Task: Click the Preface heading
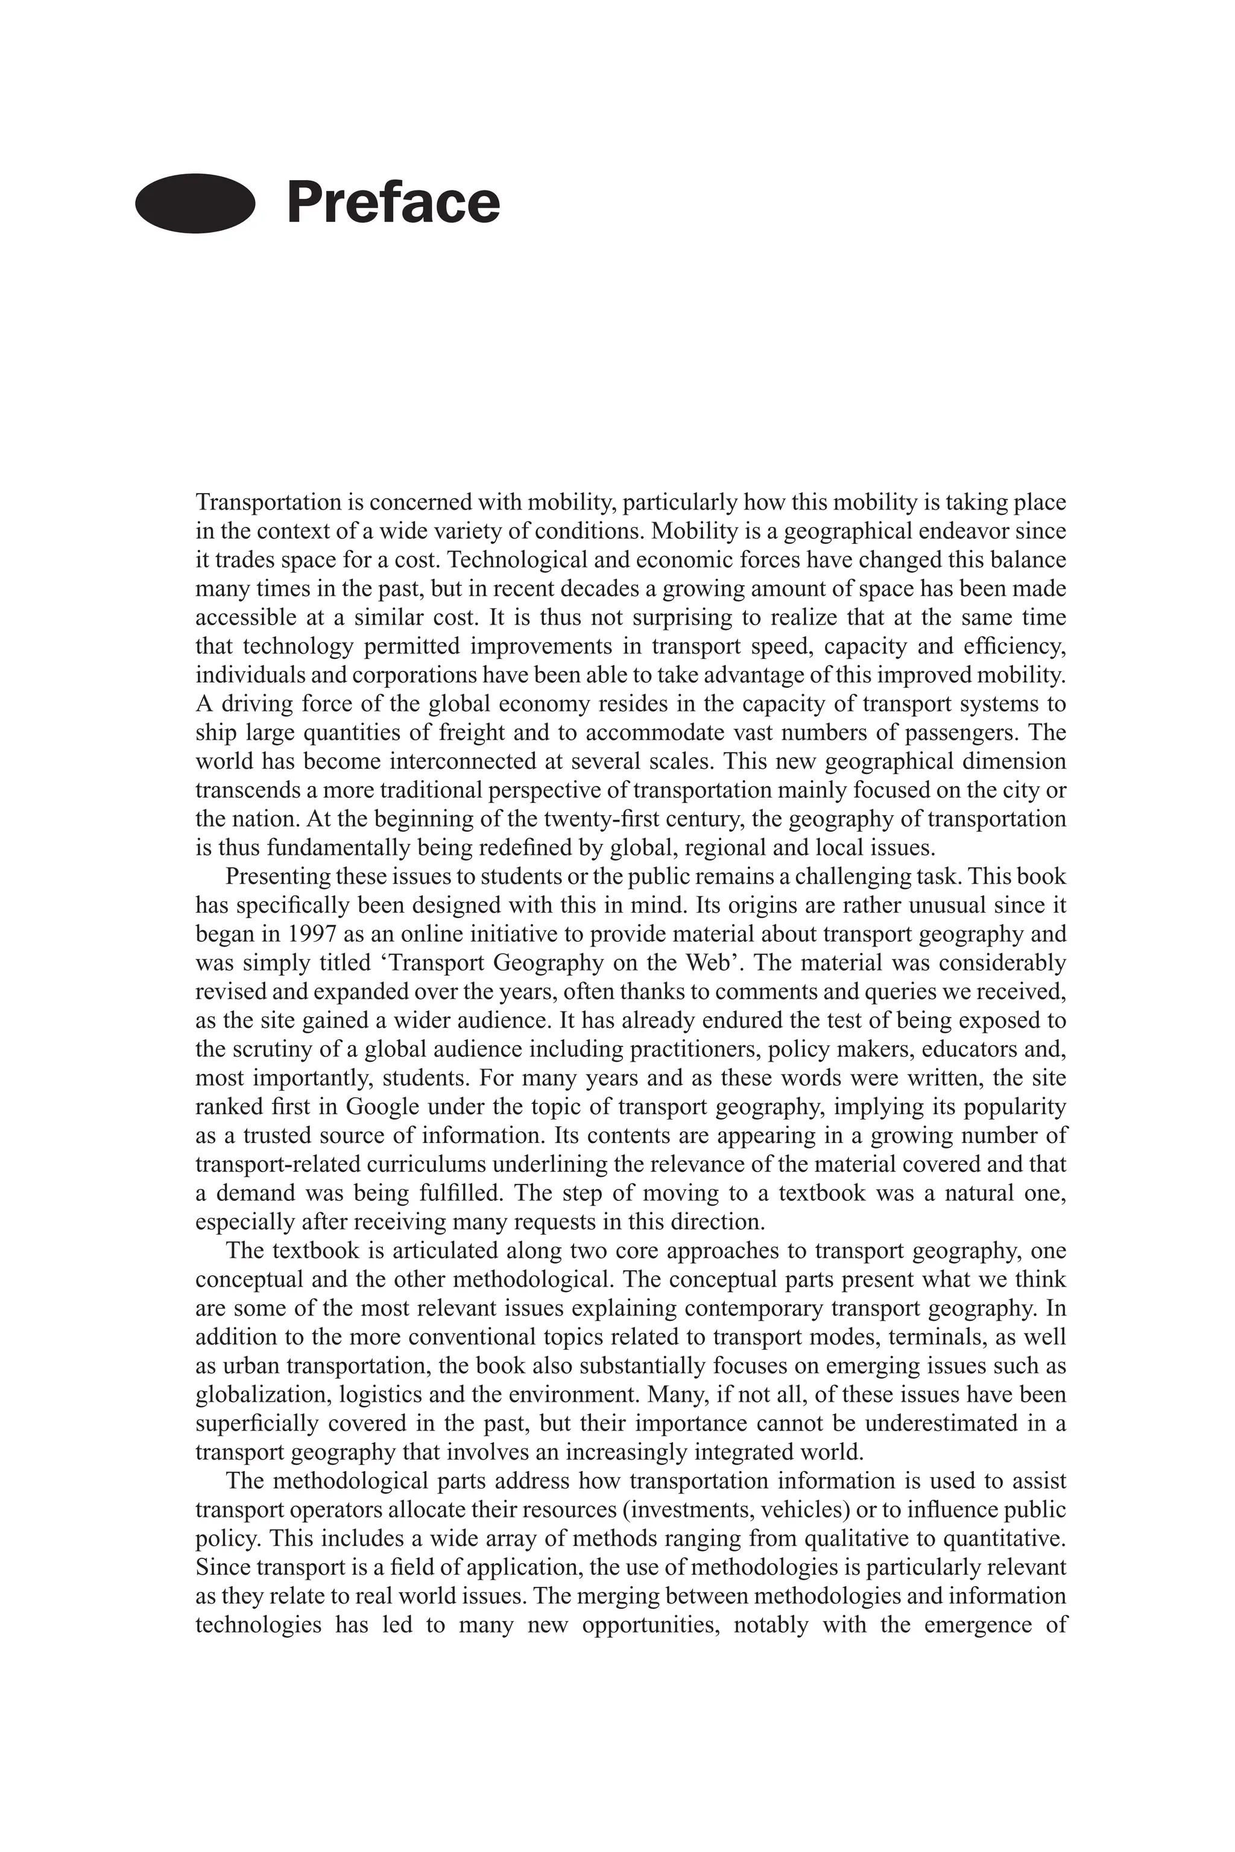[393, 203]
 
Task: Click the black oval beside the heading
[195, 203]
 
